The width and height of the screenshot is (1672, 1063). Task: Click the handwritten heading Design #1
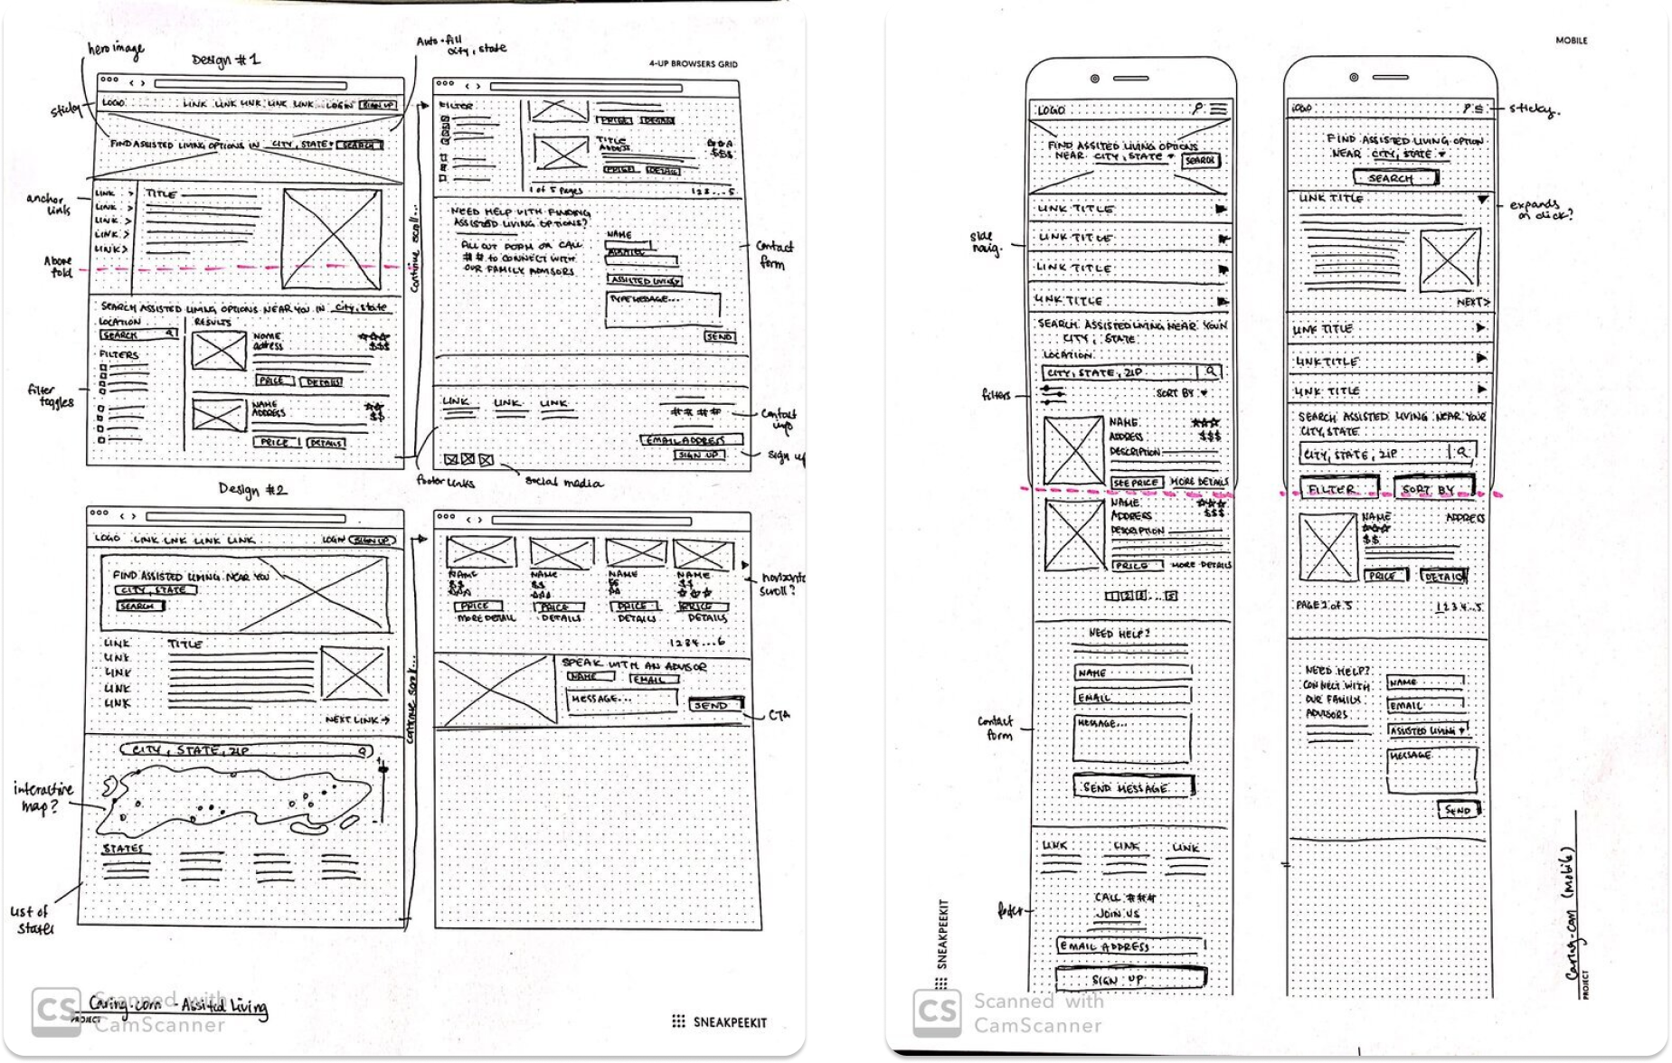click(x=226, y=61)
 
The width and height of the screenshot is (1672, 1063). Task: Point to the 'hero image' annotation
click(x=115, y=51)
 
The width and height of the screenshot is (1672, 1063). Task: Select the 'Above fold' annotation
click(x=58, y=267)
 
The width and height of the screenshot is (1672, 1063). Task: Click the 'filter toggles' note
click(x=51, y=396)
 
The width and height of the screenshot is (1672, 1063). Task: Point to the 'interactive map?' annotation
click(x=43, y=797)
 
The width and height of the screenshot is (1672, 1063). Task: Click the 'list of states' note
click(x=33, y=920)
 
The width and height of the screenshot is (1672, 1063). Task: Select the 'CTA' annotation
click(x=779, y=715)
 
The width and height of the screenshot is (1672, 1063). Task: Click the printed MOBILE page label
click(x=1571, y=41)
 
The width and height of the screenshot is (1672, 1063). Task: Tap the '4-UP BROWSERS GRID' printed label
click(x=693, y=64)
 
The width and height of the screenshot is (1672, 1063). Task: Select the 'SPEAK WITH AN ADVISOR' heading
click(x=634, y=664)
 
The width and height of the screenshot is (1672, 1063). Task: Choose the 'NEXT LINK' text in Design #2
click(x=357, y=720)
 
